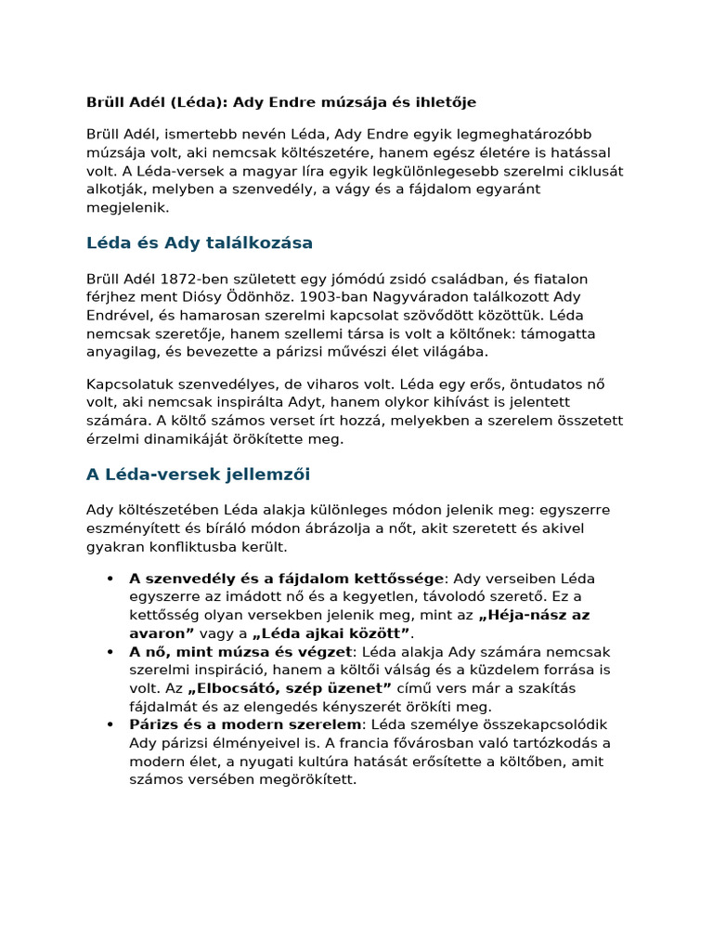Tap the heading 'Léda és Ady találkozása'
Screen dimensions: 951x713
click(200, 242)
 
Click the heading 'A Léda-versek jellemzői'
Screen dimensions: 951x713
click(198, 475)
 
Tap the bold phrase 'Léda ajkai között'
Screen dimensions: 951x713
click(331, 633)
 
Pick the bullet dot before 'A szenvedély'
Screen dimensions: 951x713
click(110, 579)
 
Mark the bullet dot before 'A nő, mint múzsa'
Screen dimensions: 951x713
click(110, 652)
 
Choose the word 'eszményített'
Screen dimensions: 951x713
click(130, 528)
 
